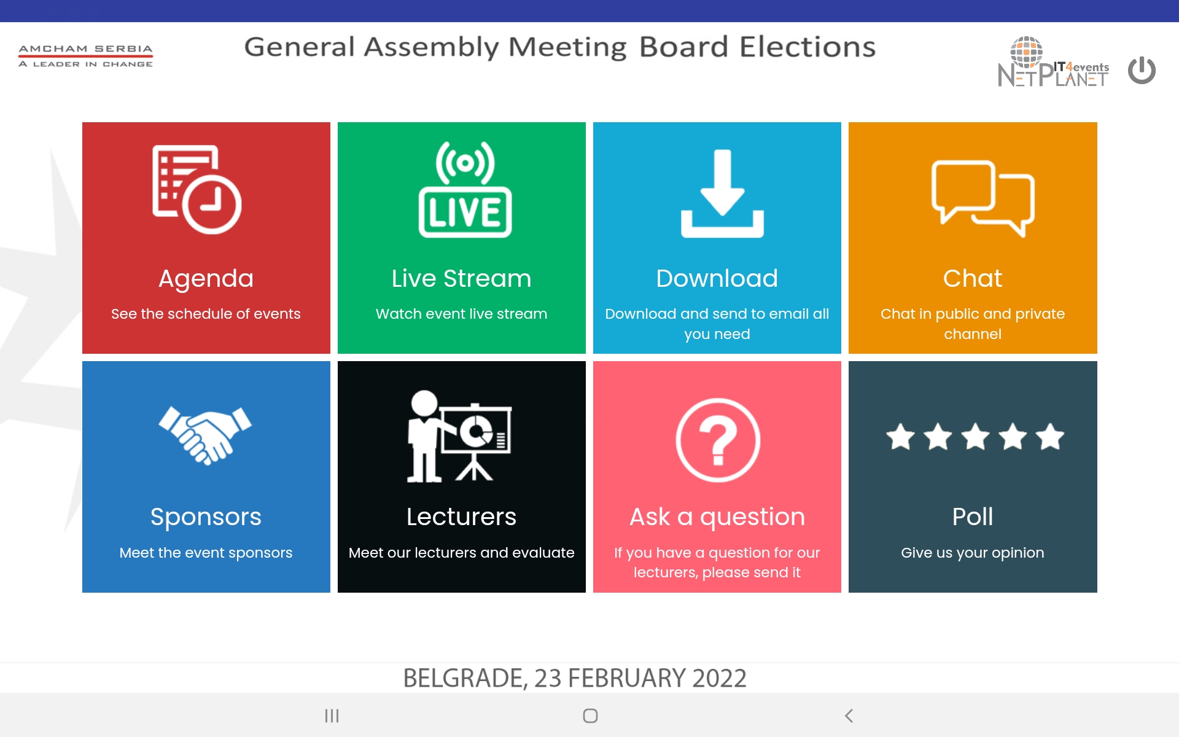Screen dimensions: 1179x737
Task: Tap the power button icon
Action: (x=1142, y=70)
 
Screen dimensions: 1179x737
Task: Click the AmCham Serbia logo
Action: (x=86, y=56)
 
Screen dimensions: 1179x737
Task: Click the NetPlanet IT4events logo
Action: (x=1053, y=62)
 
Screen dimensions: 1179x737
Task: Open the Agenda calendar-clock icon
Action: (x=196, y=189)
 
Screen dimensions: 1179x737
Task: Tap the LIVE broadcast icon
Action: (x=465, y=189)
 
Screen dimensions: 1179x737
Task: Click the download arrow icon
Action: (x=722, y=193)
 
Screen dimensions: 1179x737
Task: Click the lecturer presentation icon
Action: (x=459, y=436)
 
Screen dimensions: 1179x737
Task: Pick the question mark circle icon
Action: (x=718, y=440)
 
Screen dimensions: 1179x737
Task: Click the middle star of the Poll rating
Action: (x=975, y=437)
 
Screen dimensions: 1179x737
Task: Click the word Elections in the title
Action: (x=807, y=47)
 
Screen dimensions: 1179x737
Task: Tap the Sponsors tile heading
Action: (x=206, y=517)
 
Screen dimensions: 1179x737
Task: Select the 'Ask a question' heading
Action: (x=717, y=517)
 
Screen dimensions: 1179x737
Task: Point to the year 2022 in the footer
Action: (x=719, y=678)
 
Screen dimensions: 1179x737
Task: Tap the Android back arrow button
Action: (x=849, y=716)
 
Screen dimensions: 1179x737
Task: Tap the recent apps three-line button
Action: (x=332, y=716)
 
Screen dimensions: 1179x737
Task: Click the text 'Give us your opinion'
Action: (x=973, y=553)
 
